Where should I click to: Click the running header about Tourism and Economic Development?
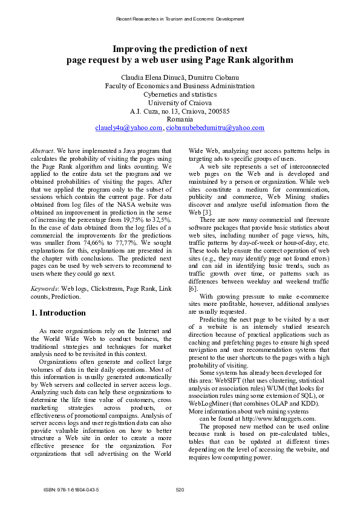click(x=180, y=19)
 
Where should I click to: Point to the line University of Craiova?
click(x=180, y=103)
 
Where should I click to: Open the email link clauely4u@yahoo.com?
click(x=129, y=128)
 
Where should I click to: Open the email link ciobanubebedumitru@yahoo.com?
click(x=215, y=128)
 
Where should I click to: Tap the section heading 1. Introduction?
click(x=58, y=313)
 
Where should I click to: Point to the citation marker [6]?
click(x=193, y=290)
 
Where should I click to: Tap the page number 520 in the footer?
click(x=180, y=489)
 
